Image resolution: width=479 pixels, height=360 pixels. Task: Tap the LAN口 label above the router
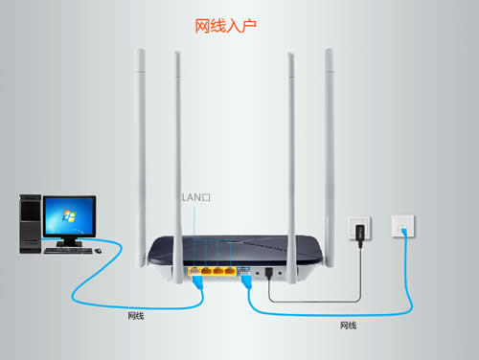(x=195, y=196)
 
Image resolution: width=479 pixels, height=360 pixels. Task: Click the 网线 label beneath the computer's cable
(x=138, y=314)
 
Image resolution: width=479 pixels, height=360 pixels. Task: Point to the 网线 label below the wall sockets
(x=348, y=326)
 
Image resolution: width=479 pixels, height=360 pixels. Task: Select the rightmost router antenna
(x=331, y=144)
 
